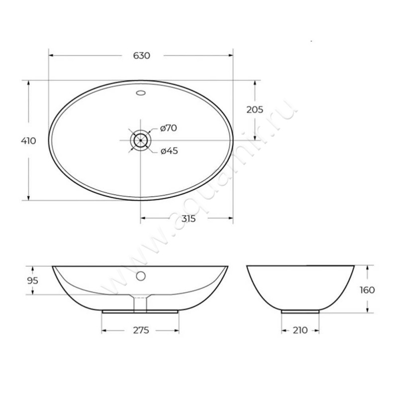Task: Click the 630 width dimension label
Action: click(x=141, y=56)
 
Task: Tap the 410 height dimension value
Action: click(x=28, y=141)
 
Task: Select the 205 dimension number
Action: click(x=255, y=110)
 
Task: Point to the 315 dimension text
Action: click(x=188, y=219)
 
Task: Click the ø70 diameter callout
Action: click(x=169, y=128)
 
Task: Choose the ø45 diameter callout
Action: click(x=169, y=151)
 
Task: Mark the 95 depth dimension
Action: click(x=32, y=281)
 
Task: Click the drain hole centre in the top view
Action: click(x=141, y=140)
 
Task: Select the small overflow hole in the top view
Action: click(x=141, y=92)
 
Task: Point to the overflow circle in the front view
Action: click(x=141, y=275)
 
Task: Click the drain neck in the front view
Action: click(x=141, y=302)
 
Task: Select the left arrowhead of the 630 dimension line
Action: click(x=51, y=56)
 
